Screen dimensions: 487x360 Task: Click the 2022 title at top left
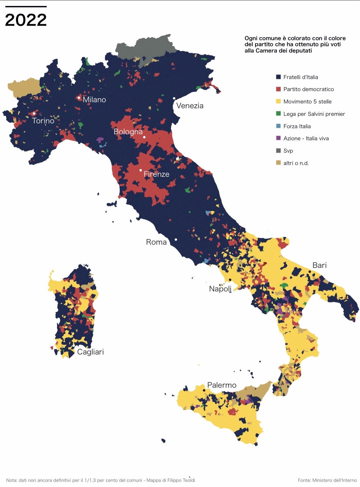tap(26, 20)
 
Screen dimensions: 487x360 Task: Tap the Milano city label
tap(94, 100)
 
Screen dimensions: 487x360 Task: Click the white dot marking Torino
tap(34, 113)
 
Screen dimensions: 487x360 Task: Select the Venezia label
tap(190, 106)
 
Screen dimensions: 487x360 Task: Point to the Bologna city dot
tap(144, 137)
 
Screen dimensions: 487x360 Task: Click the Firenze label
tap(156, 174)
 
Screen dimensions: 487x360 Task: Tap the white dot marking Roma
tap(176, 240)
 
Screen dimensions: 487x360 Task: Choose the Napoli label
tap(220, 289)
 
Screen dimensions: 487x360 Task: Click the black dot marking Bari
tap(310, 272)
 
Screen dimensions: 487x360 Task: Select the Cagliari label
tap(90, 352)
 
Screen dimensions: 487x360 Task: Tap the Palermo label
tap(222, 385)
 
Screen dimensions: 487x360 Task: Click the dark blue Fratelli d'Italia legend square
tap(279, 77)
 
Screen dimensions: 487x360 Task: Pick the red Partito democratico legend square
tap(279, 89)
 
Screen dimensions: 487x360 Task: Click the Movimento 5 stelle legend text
tap(307, 102)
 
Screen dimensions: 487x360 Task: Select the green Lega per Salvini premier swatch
tap(279, 114)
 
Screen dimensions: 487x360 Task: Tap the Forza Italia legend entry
tap(297, 126)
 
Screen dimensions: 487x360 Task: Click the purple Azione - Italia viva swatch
tap(279, 138)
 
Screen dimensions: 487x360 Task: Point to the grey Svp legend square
tap(279, 151)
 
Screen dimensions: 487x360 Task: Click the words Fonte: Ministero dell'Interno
tap(327, 480)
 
